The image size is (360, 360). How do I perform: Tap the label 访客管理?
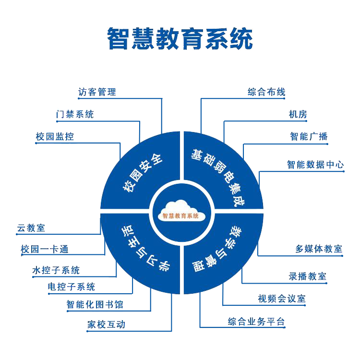click(97, 92)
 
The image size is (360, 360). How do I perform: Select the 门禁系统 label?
click(75, 114)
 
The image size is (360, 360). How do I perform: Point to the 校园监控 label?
click(55, 136)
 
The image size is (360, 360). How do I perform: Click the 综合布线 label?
click(266, 92)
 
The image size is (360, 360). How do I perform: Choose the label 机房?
click(298, 114)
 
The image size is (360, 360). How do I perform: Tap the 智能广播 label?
click(309, 136)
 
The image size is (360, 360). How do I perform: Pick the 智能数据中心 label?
click(315, 165)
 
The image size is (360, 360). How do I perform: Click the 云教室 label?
click(31, 228)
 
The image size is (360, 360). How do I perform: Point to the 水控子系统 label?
click(56, 270)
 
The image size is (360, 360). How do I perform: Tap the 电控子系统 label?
click(72, 287)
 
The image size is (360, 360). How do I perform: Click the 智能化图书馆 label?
click(95, 305)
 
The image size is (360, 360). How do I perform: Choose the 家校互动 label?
click(106, 324)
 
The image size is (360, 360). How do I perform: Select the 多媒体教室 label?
click(319, 249)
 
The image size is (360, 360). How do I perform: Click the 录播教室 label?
click(307, 276)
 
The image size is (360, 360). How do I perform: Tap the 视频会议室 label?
click(281, 299)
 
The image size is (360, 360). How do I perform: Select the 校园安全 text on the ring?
click(143, 173)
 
